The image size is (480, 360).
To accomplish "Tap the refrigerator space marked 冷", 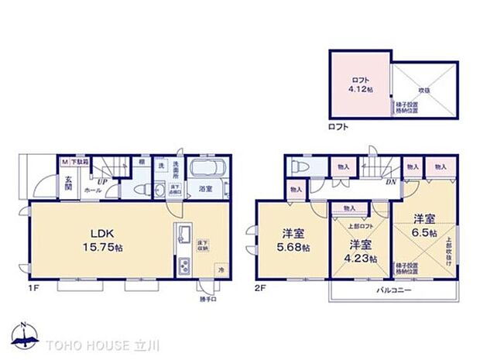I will pos(220,269).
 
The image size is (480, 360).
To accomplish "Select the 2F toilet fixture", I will pos(296,167).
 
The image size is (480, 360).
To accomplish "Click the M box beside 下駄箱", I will pos(65,162).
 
